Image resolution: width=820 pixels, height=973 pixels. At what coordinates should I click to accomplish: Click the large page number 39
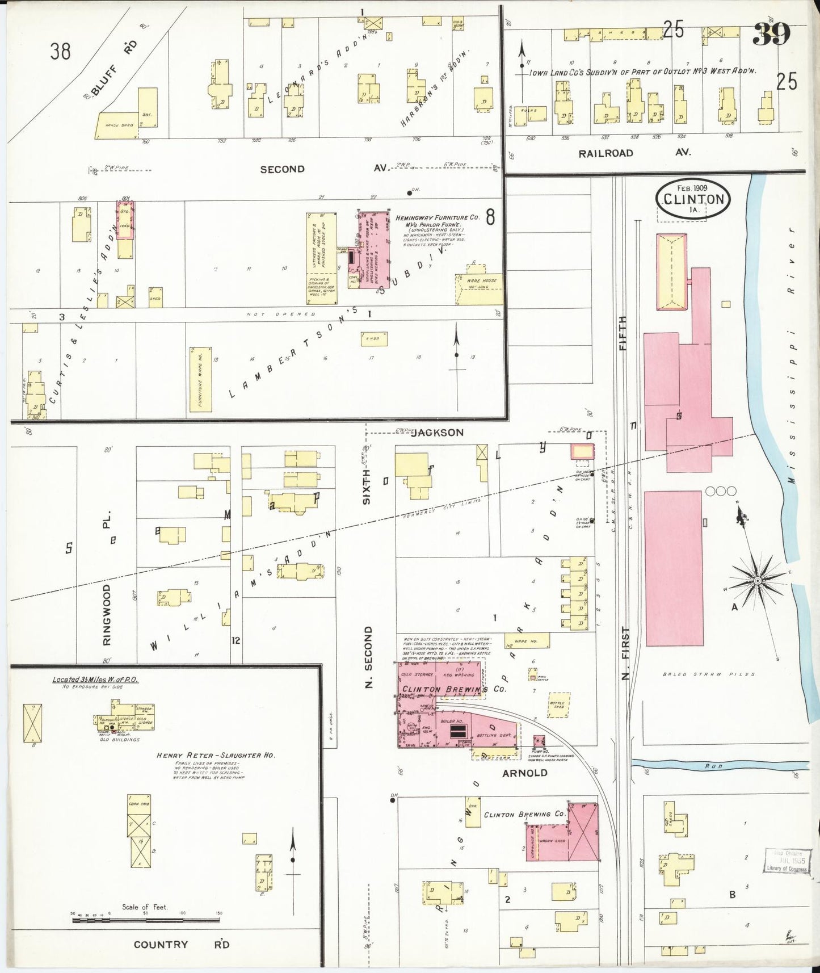pyautogui.click(x=771, y=35)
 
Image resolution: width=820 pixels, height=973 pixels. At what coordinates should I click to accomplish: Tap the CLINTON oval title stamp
pyautogui.click(x=693, y=199)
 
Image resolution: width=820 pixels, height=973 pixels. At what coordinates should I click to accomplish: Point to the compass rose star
pyautogui.click(x=757, y=580)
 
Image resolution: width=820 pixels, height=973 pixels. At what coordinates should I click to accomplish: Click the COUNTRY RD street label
pyautogui.click(x=181, y=945)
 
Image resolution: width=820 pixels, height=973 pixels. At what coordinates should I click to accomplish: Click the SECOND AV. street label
pyautogui.click(x=323, y=169)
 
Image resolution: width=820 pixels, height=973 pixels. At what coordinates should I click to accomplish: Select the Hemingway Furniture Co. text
pyautogui.click(x=437, y=217)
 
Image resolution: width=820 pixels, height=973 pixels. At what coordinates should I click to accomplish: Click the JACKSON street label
pyautogui.click(x=437, y=433)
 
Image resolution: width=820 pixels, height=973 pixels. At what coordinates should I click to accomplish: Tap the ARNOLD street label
pyautogui.click(x=525, y=773)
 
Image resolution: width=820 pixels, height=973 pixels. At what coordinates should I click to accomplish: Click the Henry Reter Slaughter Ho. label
pyautogui.click(x=216, y=756)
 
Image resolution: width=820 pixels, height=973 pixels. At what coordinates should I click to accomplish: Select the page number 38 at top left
pyautogui.click(x=60, y=51)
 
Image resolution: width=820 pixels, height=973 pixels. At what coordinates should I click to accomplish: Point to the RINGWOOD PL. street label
pyautogui.click(x=107, y=590)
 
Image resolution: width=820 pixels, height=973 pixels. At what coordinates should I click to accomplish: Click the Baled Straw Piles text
pyautogui.click(x=709, y=674)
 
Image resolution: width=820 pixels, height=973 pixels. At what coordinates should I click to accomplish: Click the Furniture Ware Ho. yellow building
pyautogui.click(x=200, y=379)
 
